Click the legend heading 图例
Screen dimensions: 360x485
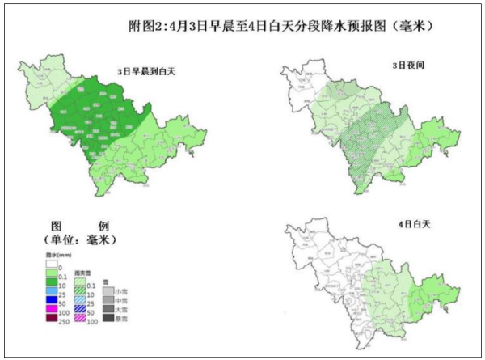pyautogui.click(x=78, y=227)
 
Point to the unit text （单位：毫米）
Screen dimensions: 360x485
pyautogui.click(x=78, y=240)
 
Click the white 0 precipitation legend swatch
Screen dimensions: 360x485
pyautogui.click(x=52, y=265)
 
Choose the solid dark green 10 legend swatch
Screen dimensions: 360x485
pyautogui.click(x=52, y=282)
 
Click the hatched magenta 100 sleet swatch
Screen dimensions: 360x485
pyautogui.click(x=79, y=319)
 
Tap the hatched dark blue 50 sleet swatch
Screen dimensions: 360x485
pyautogui.click(x=79, y=310)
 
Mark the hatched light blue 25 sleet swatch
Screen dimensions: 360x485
pyautogui.click(x=79, y=301)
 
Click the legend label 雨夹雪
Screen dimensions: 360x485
pyautogui.click(x=81, y=273)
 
